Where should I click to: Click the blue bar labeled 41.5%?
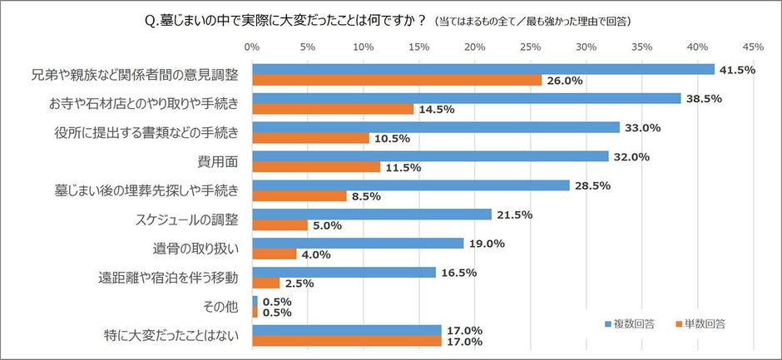483,69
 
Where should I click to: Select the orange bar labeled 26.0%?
396,81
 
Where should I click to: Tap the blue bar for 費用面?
430,155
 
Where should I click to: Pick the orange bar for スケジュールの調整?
280,225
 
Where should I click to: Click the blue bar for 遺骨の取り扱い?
358,243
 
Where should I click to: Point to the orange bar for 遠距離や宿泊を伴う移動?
265,284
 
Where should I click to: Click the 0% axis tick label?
252,47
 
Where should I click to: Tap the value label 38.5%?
704,98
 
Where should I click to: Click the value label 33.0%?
642,127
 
